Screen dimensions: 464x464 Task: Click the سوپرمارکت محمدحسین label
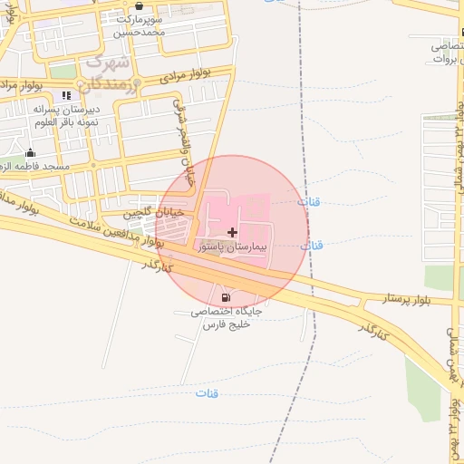point(140,25)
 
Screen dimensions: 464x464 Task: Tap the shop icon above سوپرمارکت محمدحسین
point(138,5)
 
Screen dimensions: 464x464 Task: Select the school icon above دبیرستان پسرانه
point(65,96)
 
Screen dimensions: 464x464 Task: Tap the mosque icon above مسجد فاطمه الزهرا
point(31,152)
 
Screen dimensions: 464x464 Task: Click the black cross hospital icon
point(233,232)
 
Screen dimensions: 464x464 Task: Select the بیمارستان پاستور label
point(230,246)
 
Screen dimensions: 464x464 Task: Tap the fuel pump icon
point(225,297)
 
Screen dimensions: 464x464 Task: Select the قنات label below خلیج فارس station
point(207,392)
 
